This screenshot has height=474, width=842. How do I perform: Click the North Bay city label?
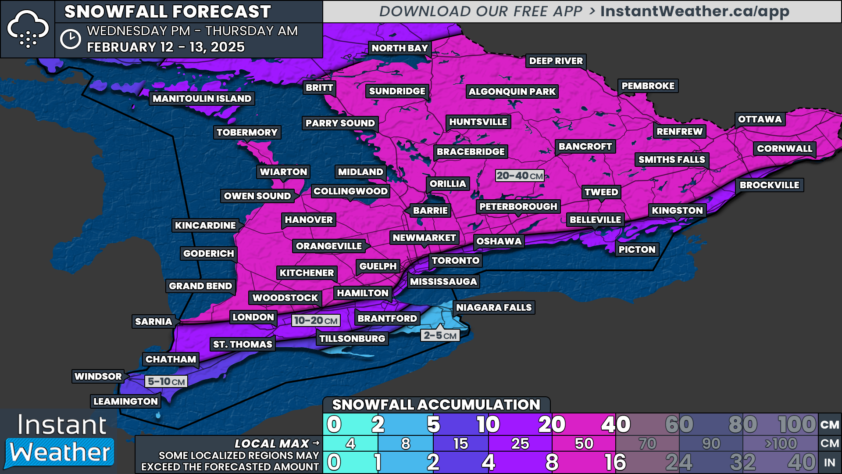[x=400, y=48]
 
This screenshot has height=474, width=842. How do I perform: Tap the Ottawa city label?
[x=760, y=119]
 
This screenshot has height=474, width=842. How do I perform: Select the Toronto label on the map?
[x=455, y=261]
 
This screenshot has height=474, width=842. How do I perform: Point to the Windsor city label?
[x=98, y=377]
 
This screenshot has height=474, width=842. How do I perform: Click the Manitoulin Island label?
[x=202, y=99]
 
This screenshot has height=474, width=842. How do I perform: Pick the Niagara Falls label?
[x=493, y=308]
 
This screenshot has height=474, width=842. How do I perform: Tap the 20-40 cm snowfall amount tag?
[x=520, y=176]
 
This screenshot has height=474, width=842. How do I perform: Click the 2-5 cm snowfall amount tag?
[x=440, y=336]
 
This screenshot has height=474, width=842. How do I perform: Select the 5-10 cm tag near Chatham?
[x=166, y=381]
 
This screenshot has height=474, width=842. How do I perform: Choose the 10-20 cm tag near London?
[x=316, y=321]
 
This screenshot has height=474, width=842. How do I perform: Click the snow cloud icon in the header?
[x=28, y=29]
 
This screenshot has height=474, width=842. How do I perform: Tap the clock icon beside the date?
[x=70, y=39]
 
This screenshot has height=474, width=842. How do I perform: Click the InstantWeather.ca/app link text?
[x=695, y=11]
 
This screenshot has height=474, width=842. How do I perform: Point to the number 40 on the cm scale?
[x=616, y=424]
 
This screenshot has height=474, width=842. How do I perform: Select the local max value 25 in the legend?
[x=520, y=444]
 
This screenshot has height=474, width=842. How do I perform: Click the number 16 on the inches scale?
[x=615, y=462]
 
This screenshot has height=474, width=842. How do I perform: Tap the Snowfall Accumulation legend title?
[x=436, y=405]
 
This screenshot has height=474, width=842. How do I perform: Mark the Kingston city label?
[x=677, y=211]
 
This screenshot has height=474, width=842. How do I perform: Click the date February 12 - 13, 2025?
[x=166, y=47]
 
